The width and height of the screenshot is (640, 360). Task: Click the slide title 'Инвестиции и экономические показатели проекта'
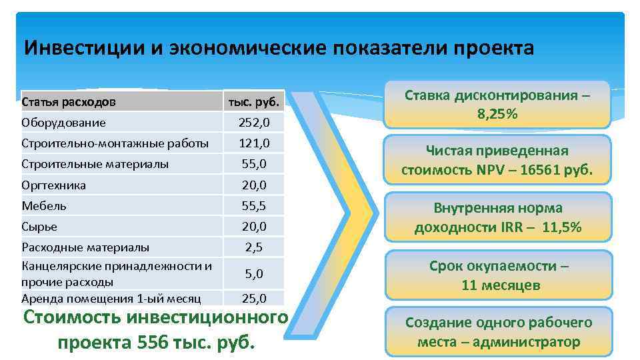point(279,49)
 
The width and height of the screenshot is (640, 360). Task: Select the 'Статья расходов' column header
point(69,103)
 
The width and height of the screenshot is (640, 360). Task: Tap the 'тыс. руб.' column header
point(254,103)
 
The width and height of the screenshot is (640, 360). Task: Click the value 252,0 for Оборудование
point(254,123)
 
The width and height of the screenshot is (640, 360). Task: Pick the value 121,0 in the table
point(254,143)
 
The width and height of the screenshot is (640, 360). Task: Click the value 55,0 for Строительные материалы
point(254,163)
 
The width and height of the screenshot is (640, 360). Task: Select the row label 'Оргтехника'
point(54,185)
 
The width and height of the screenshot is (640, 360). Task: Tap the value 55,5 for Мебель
point(254,205)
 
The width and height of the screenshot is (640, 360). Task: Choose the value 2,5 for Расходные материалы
point(254,247)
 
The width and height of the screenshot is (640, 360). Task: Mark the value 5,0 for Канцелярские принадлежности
point(254,273)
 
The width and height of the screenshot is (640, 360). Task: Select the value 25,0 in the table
point(254,298)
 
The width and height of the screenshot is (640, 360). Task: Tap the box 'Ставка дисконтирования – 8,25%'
point(497,105)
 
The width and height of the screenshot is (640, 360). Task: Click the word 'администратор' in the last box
point(532,342)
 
